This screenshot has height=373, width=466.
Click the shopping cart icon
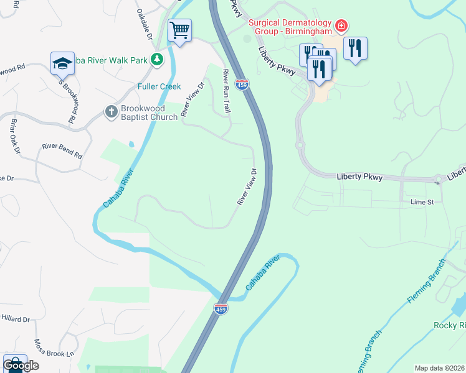tap(179, 29)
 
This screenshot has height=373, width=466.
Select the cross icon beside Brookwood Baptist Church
tap(111, 112)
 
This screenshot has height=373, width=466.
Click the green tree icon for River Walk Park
tap(158, 60)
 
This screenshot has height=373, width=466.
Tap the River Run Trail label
tap(227, 91)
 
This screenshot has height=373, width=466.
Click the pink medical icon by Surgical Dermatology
tap(341, 25)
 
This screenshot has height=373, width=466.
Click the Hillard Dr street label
tap(15, 319)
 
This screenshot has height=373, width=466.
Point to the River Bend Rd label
tap(62, 151)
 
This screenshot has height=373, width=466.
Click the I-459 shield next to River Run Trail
tap(242, 83)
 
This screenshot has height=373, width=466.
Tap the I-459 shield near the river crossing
tap(221, 308)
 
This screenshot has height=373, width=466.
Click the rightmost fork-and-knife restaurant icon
tap(355, 48)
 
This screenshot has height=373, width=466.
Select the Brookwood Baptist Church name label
tap(149, 112)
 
